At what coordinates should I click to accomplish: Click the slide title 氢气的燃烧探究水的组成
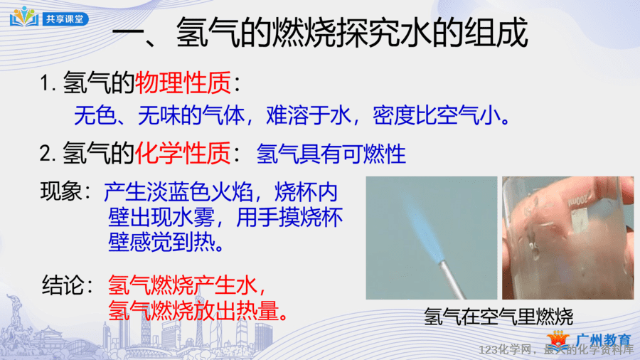352,33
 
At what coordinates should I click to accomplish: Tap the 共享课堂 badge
65,18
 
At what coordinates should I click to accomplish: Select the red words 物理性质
183,83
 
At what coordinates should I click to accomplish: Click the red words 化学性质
183,154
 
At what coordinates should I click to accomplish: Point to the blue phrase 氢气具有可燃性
331,154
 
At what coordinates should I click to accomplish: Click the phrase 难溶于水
309,115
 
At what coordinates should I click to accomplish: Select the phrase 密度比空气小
437,115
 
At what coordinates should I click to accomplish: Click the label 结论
63,285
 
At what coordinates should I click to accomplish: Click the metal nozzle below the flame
452,280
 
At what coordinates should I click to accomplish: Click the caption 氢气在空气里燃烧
498,317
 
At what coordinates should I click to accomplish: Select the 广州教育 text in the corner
603,340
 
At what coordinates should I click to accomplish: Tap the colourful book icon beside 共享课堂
24,17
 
